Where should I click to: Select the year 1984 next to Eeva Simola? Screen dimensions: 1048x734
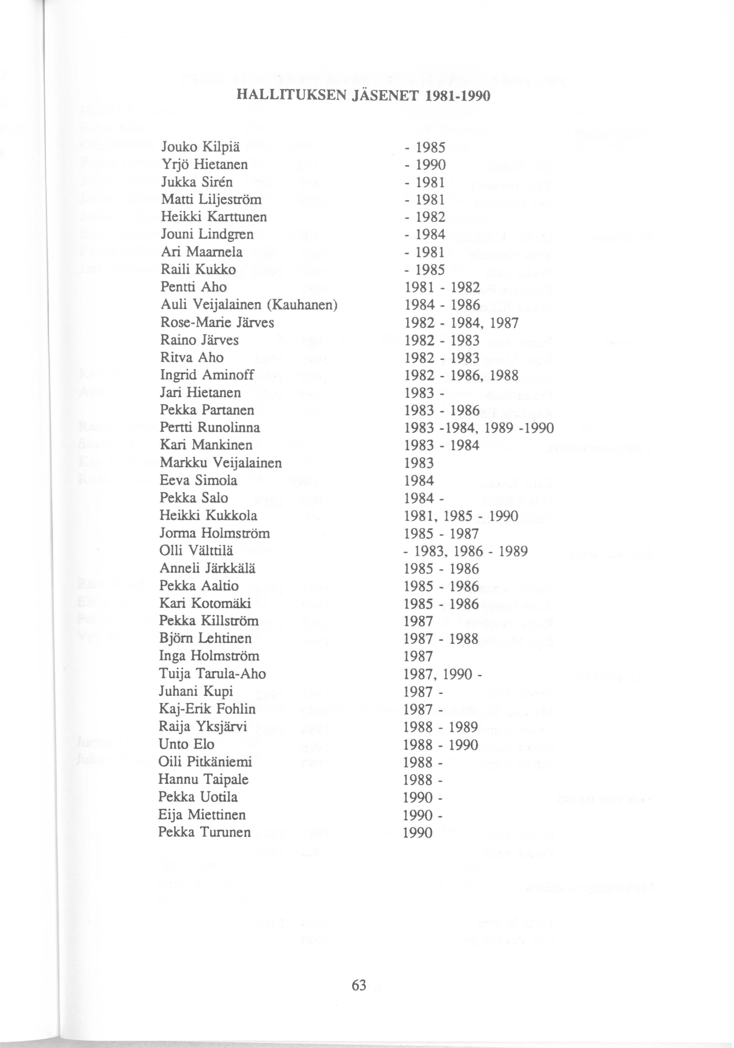coord(419,481)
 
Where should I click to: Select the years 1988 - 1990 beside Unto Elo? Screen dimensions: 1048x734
coord(441,745)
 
